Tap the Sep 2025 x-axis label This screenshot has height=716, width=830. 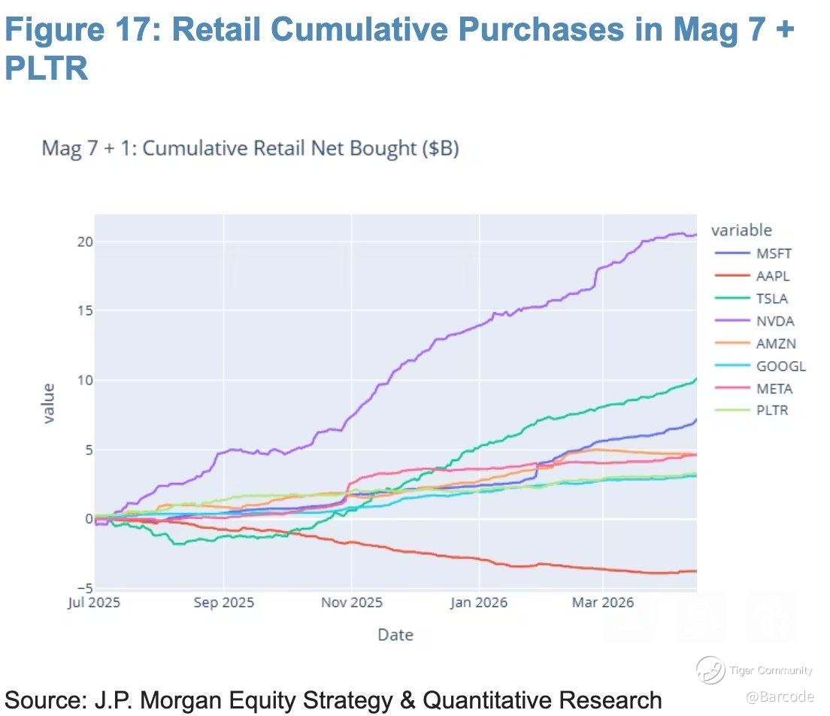[x=223, y=602]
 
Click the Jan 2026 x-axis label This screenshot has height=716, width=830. [x=479, y=602]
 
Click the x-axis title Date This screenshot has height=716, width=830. [x=395, y=635]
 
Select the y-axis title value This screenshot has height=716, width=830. [x=49, y=403]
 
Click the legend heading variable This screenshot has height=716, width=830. [x=741, y=230]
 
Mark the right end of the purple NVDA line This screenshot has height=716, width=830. [x=695, y=235]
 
